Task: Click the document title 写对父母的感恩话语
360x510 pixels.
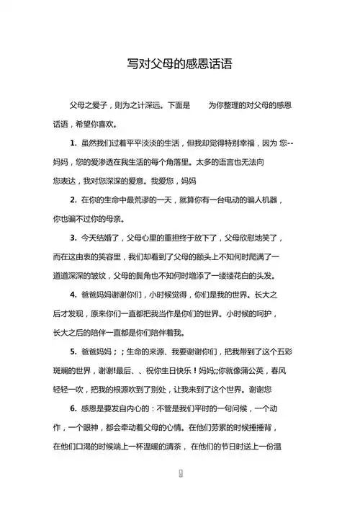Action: [179, 63]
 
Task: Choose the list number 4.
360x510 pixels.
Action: [73, 295]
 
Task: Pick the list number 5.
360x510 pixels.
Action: [73, 352]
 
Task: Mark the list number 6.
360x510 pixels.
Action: [73, 408]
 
